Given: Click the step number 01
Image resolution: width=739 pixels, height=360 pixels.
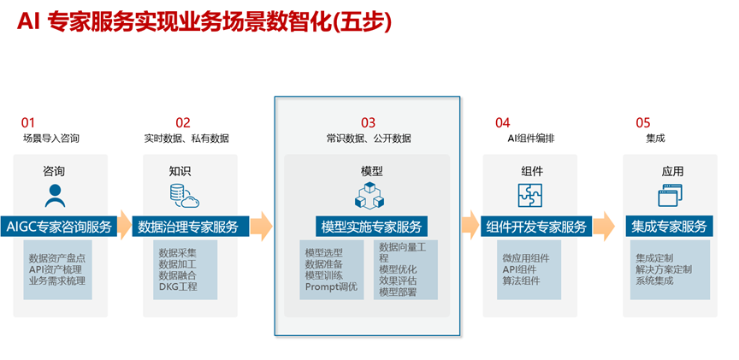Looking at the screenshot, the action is (x=29, y=123).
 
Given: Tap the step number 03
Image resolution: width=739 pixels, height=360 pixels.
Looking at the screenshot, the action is (x=368, y=123).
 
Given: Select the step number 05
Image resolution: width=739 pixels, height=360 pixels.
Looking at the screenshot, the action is (x=642, y=123).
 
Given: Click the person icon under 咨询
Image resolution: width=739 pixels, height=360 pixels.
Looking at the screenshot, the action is (x=56, y=196).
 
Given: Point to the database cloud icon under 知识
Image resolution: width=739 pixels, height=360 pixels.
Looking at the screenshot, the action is (x=185, y=196).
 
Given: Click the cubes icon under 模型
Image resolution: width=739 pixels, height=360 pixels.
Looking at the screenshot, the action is (x=371, y=197).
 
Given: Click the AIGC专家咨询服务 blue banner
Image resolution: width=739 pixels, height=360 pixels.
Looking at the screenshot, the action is (x=59, y=227).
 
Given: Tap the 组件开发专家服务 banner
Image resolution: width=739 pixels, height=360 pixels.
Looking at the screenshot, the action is (x=536, y=227).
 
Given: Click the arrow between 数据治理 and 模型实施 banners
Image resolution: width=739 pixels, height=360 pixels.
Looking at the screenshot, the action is (x=261, y=227).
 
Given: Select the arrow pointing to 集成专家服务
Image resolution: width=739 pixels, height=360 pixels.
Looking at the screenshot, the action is (x=604, y=227).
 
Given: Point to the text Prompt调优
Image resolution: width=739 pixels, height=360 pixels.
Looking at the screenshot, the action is (x=331, y=287).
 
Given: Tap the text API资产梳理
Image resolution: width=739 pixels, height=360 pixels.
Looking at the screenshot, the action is (x=57, y=269).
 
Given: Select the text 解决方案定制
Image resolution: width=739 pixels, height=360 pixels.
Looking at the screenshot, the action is (x=664, y=269).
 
